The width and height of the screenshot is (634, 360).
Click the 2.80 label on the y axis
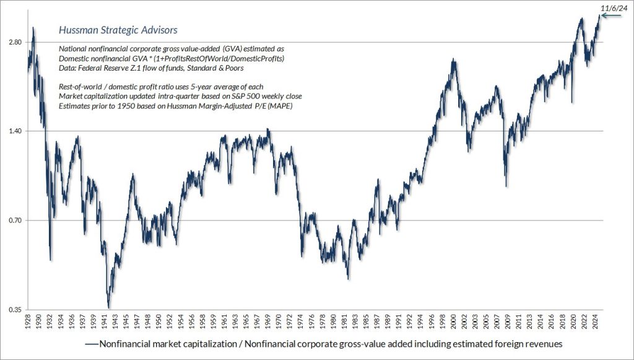pos(14,42)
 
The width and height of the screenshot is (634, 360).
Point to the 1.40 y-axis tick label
pos(14,131)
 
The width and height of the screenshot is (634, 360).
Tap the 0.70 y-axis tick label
pos(14,221)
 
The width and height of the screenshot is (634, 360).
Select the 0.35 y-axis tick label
pos(14,310)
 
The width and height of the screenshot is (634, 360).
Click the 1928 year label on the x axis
pos(28,322)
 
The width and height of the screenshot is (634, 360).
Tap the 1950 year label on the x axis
pos(158,322)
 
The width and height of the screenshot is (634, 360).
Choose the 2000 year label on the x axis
pos(454,322)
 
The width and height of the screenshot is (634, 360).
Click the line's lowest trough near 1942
pos(109,307)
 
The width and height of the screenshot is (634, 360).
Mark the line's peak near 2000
pos(454,59)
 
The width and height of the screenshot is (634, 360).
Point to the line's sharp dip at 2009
pos(506,186)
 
